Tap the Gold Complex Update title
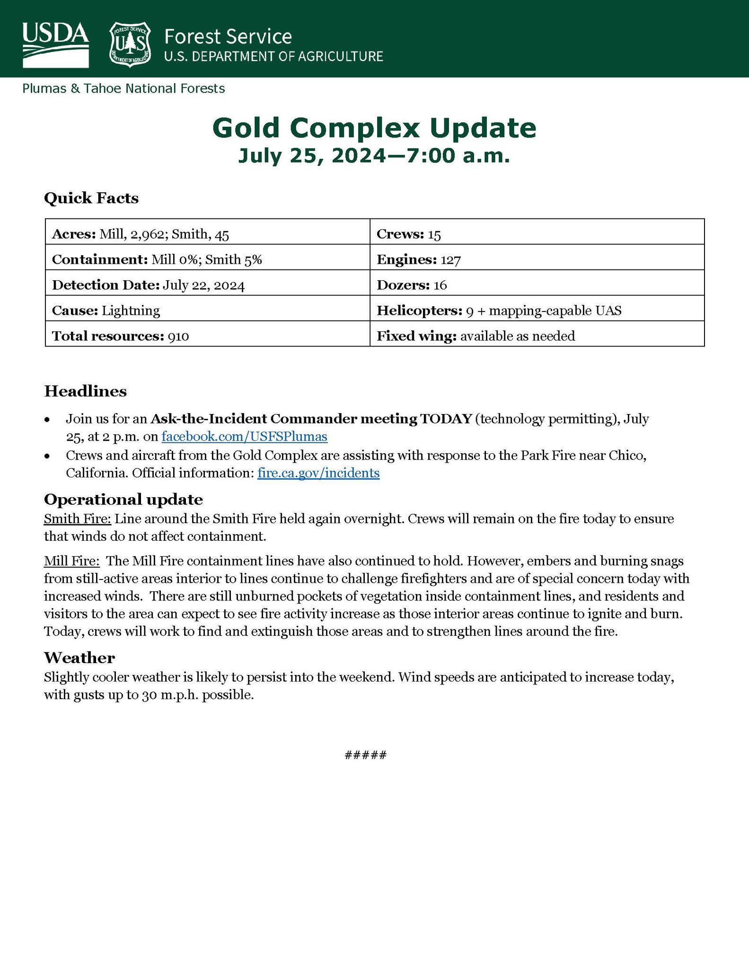pyautogui.click(x=374, y=128)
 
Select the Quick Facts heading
pyautogui.click(x=91, y=198)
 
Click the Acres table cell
pyautogui.click(x=207, y=234)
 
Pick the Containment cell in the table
pyautogui.click(x=207, y=259)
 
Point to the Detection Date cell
pyautogui.click(x=207, y=285)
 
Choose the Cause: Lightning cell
pyautogui.click(x=207, y=311)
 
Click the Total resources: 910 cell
pyautogui.click(x=207, y=336)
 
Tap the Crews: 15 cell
pyautogui.click(x=537, y=234)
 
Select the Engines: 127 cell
pyautogui.click(x=537, y=259)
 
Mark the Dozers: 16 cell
pyautogui.click(x=537, y=285)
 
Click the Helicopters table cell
pyautogui.click(x=537, y=311)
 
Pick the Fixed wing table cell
pyautogui.click(x=537, y=336)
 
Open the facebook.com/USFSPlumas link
pyautogui.click(x=244, y=436)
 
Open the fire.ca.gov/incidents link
pyautogui.click(x=318, y=473)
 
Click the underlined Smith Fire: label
pyautogui.click(x=78, y=519)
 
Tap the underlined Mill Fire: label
pyautogui.click(x=72, y=561)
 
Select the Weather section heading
pyautogui.click(x=79, y=657)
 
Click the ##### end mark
pyautogui.click(x=366, y=755)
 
